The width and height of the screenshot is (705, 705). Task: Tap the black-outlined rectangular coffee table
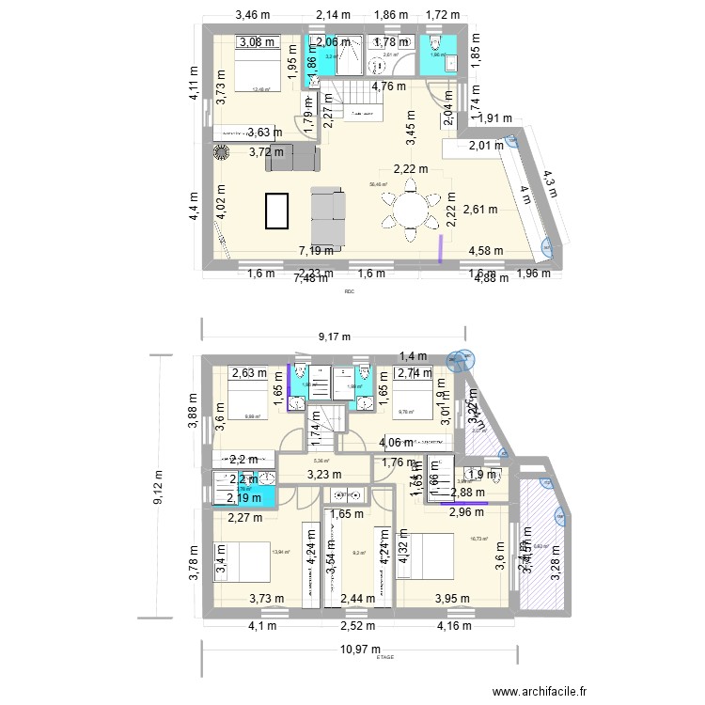(x=277, y=211)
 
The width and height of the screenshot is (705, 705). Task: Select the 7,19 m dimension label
(x=315, y=251)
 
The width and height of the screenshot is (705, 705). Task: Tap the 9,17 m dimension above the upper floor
(x=333, y=337)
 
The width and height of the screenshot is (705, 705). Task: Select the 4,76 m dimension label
(x=389, y=86)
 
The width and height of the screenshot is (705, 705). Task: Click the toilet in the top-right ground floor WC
(x=432, y=44)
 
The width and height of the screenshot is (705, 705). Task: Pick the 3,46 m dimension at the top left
(x=252, y=14)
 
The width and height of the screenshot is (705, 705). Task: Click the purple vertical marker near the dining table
(x=442, y=249)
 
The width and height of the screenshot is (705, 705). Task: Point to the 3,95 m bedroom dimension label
(x=453, y=599)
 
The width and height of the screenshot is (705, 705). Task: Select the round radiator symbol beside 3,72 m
(x=223, y=152)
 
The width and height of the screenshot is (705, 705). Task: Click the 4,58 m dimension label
(x=485, y=251)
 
